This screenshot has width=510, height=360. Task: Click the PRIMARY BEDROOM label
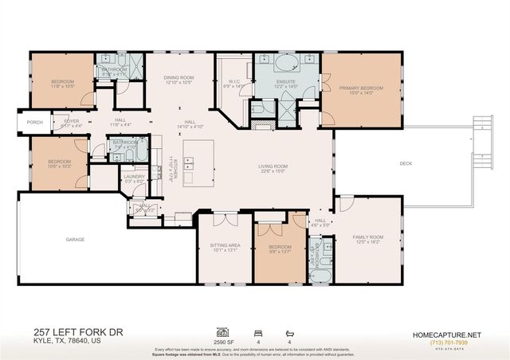tap(361, 88)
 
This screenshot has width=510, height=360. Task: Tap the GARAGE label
tap(75, 239)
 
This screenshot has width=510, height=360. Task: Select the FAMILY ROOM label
tap(371, 237)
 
